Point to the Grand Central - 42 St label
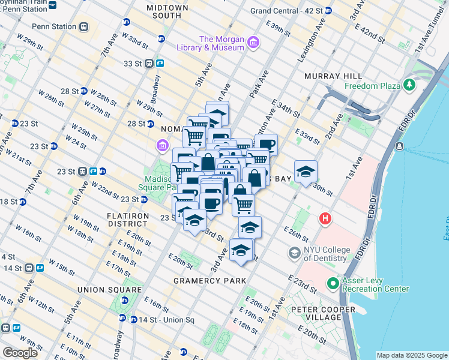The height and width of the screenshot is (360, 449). pyautogui.click(x=286, y=11)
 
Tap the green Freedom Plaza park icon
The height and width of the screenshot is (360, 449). pyautogui.click(x=411, y=85)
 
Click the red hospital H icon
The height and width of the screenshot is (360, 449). pyautogui.click(x=326, y=218)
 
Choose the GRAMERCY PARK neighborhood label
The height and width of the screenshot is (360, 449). pyautogui.click(x=209, y=281)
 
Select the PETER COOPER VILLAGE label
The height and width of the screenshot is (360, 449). pyautogui.click(x=323, y=313)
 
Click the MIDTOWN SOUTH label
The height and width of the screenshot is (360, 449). pyautogui.click(x=167, y=12)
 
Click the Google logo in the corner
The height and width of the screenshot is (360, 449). pyautogui.click(x=20, y=353)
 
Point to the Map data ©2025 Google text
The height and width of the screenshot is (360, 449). pyautogui.click(x=411, y=355)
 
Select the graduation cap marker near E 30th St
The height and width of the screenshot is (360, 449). pyautogui.click(x=306, y=172)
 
